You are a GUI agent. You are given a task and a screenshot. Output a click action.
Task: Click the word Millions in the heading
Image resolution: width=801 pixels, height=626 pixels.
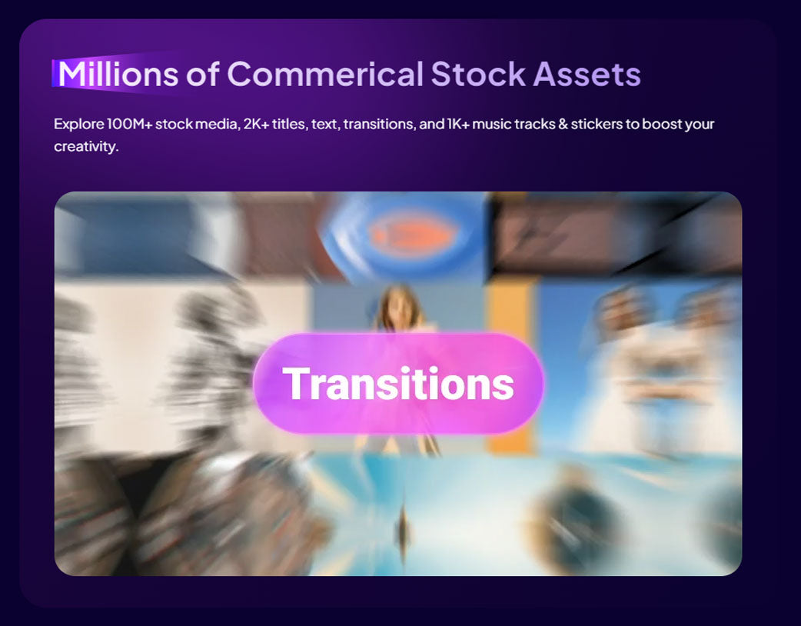click(x=118, y=74)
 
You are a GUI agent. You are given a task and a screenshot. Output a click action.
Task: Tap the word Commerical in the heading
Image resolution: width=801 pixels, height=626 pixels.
click(x=325, y=74)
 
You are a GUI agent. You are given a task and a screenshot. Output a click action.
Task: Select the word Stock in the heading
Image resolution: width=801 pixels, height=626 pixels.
click(x=478, y=74)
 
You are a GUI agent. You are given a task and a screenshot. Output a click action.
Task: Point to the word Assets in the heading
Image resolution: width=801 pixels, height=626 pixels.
click(x=587, y=74)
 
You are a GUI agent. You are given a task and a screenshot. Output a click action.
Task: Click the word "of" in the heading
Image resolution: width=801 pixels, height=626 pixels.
click(x=203, y=74)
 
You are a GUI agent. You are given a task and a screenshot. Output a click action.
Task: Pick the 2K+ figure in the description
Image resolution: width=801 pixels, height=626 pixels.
click(x=256, y=124)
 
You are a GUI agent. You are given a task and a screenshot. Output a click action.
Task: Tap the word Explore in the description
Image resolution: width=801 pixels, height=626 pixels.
click(x=79, y=124)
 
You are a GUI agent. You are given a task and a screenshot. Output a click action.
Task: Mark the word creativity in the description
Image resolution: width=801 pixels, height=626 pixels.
click(x=86, y=147)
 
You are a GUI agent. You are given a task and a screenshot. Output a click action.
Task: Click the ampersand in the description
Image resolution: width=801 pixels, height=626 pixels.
click(x=563, y=124)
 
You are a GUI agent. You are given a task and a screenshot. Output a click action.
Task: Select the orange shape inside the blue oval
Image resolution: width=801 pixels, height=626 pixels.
click(x=412, y=234)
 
